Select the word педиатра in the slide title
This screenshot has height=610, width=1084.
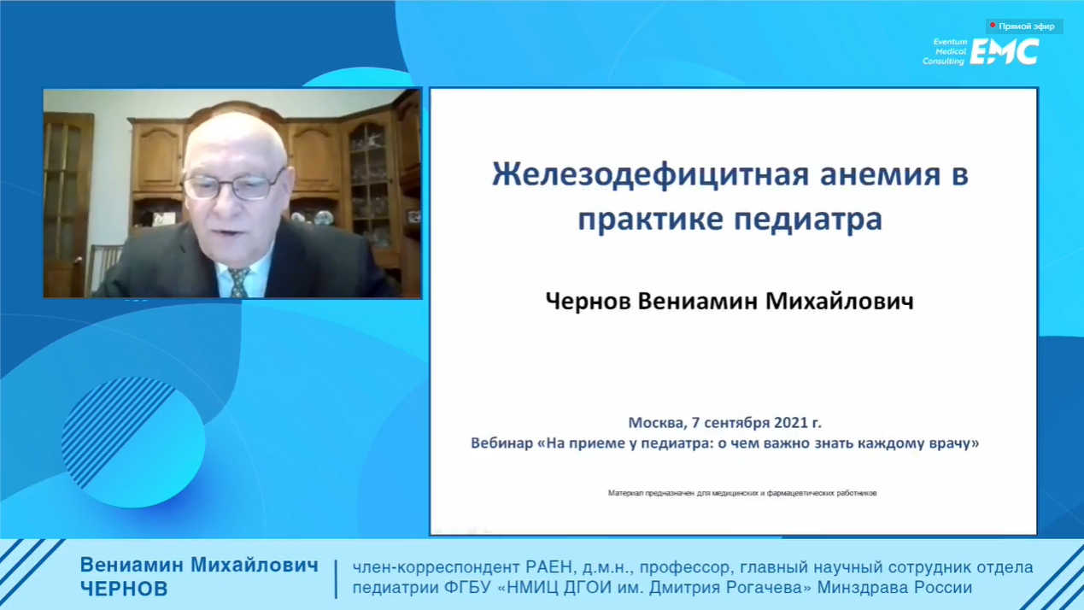808,220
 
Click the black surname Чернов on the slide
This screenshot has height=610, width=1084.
588,301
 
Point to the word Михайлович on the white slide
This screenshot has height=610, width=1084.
840,301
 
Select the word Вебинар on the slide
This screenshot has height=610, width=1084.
501,443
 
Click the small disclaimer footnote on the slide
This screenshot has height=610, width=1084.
742,493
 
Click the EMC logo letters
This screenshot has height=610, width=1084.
1005,51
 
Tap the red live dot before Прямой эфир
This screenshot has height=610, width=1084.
993,25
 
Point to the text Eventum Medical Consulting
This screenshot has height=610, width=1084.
945,51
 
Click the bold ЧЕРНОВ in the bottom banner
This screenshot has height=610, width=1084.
124,589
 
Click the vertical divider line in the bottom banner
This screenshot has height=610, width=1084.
336,579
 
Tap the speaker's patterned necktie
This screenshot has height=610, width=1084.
239,282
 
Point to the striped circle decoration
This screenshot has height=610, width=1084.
133,442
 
